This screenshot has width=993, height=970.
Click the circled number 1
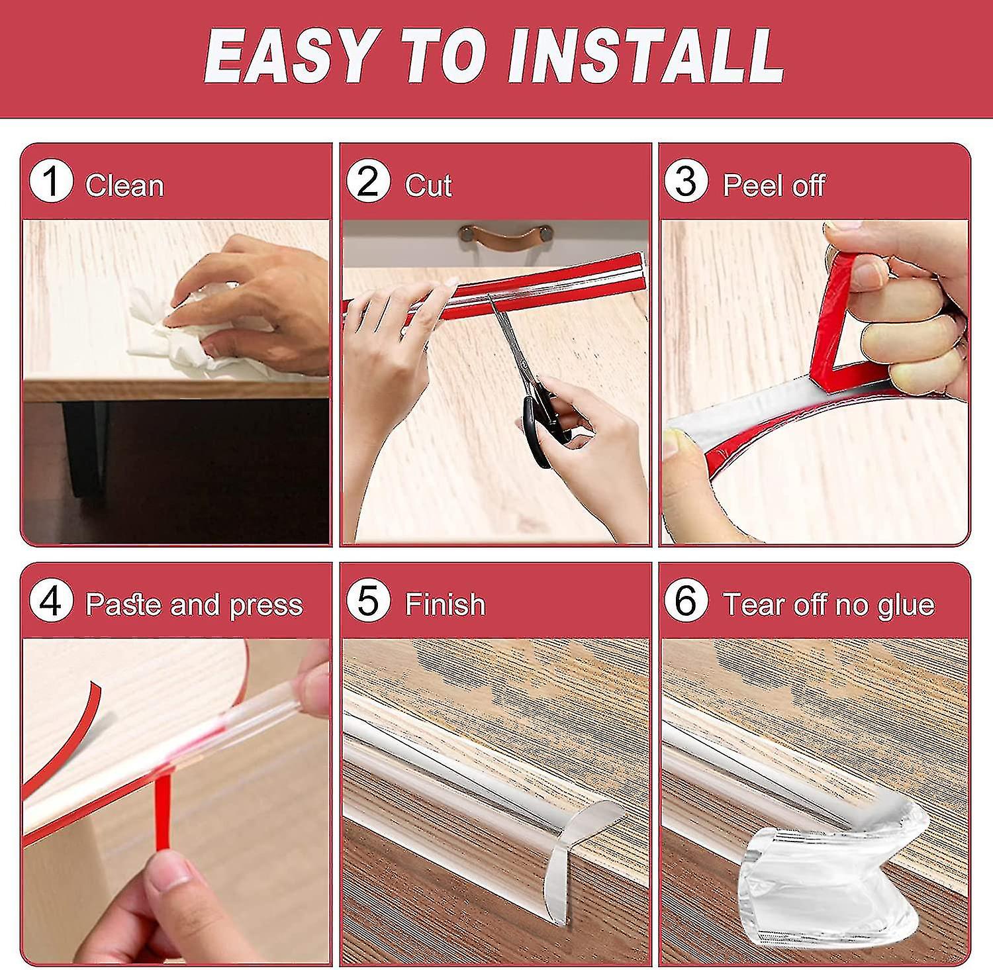tap(51, 182)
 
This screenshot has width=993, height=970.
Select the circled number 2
tap(368, 182)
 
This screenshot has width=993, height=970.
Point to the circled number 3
tap(686, 182)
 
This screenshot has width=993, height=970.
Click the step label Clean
tap(124, 185)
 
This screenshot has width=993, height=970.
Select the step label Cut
tap(428, 185)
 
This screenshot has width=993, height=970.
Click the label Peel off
tap(773, 185)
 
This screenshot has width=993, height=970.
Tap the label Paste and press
tap(194, 605)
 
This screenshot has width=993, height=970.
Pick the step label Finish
tap(445, 605)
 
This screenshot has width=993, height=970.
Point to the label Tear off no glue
tap(828, 605)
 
